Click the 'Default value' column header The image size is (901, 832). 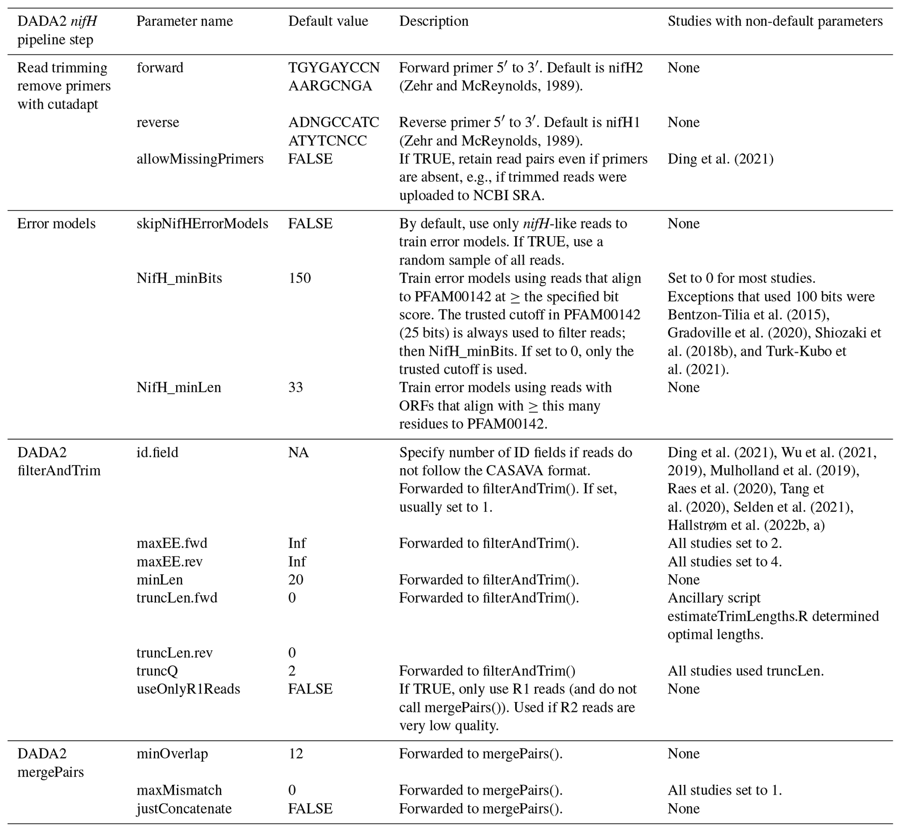pos(328,21)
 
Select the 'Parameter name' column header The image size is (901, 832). pos(185,21)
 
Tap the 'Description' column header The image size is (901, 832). pos(434,21)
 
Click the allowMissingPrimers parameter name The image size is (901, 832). pos(200,159)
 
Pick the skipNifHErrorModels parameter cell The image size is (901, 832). pos(202,224)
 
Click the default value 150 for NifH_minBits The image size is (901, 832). pos(299,278)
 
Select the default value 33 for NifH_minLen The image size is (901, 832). pos(296,387)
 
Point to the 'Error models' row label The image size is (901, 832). pos(56,224)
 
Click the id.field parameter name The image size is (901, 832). pos(157,452)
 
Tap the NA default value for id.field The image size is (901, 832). pos(298,452)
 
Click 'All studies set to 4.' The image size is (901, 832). pos(724,561)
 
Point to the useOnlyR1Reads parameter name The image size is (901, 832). pos(188,689)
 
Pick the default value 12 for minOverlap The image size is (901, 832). pos(296,754)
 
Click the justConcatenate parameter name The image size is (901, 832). pos(184,808)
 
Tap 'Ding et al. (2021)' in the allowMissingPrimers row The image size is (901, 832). pos(721,159)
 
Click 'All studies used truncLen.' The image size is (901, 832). pos(745,671)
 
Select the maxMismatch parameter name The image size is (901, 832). pos(179,790)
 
